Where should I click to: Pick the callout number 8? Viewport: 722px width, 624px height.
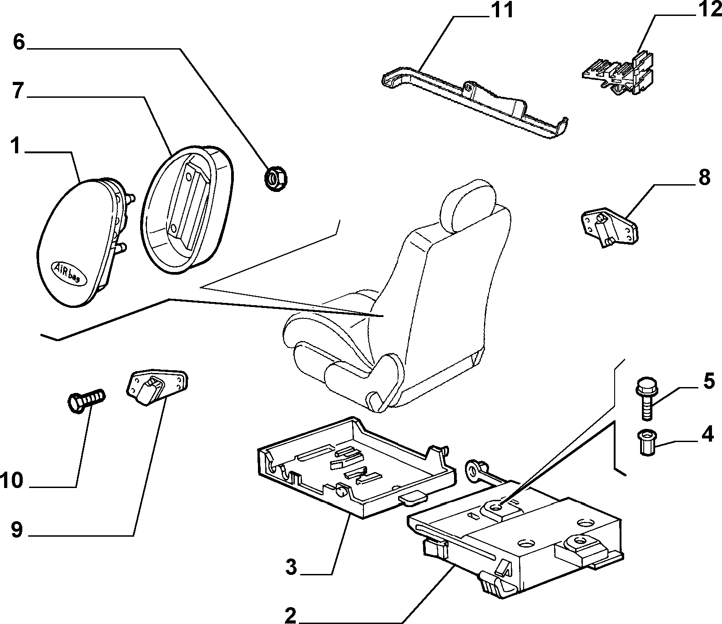click(704, 177)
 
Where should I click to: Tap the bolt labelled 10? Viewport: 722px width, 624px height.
click(86, 401)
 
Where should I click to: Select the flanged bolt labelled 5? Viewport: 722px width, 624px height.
click(644, 398)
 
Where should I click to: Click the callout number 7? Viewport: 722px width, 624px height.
click(18, 91)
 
